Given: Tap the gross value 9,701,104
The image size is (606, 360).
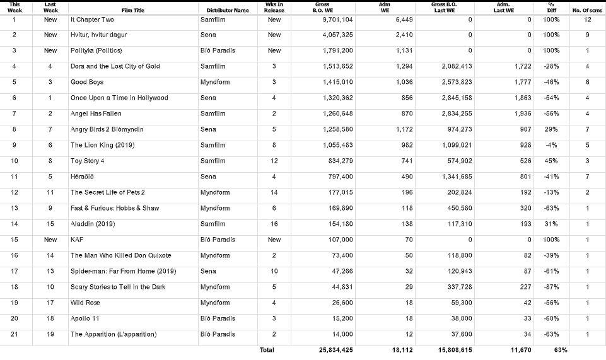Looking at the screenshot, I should click(x=336, y=20).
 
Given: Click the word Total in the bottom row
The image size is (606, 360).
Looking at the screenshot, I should click(x=267, y=350).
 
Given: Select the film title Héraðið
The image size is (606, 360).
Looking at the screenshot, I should click(x=82, y=177).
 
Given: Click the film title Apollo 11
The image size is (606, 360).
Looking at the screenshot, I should click(x=84, y=318).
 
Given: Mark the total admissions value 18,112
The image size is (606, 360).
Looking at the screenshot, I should click(x=400, y=350).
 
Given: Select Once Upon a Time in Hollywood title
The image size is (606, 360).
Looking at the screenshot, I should click(x=119, y=98).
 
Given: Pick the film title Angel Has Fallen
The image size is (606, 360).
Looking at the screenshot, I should click(x=96, y=114).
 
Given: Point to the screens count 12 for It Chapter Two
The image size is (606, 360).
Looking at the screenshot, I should click(x=586, y=20).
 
